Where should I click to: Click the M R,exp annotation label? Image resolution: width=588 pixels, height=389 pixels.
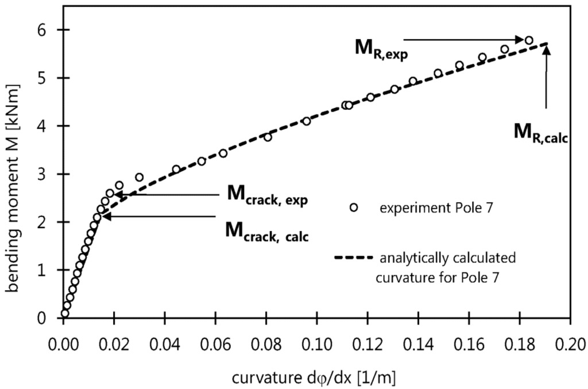click(x=377, y=47)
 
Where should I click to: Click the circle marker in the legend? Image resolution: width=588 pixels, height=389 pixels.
click(x=354, y=208)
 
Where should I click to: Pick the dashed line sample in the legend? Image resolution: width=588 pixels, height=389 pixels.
click(x=352, y=257)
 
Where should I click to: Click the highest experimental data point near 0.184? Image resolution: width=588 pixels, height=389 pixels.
click(x=529, y=40)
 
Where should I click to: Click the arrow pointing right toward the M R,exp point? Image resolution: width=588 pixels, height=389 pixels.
click(x=464, y=40)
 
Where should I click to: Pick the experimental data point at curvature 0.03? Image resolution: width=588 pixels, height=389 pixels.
click(x=139, y=177)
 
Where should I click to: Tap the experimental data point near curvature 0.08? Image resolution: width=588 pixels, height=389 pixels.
click(x=268, y=137)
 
